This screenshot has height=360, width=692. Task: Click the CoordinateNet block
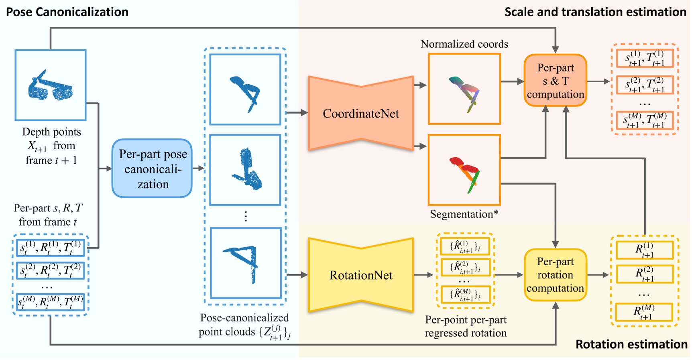360,114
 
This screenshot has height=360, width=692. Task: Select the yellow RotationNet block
360,275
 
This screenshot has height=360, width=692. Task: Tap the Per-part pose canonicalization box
152,169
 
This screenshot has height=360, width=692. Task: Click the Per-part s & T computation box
555,81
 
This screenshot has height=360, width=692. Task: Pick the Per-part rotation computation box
555,275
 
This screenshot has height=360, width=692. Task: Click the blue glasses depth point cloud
51,85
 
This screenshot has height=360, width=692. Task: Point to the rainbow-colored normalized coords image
464,89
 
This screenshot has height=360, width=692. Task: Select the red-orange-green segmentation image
464,170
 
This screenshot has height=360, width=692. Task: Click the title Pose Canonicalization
67,12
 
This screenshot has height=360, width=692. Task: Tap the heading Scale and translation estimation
595,12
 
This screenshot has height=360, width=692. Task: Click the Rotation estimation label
631,344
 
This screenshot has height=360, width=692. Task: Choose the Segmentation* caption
464,214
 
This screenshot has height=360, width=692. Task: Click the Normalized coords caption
464,44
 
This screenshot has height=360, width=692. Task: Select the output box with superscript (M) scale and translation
645,120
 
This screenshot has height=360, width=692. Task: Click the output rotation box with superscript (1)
645,250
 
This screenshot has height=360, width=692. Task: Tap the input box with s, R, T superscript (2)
51,271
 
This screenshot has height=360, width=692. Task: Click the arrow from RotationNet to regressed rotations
423,275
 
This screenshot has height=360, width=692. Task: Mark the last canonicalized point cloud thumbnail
246,263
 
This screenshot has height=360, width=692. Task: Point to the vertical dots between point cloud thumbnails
246,216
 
